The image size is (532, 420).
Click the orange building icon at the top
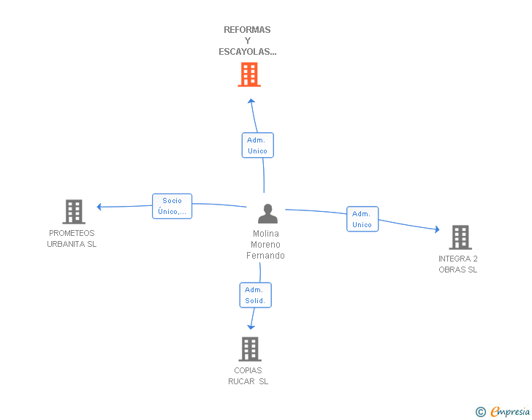click(x=249, y=75)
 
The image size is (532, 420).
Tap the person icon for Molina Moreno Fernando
click(x=268, y=214)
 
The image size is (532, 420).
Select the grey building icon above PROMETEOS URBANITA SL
click(x=74, y=212)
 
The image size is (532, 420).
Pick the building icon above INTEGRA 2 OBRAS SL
click(x=460, y=237)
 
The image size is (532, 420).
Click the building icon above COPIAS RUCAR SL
click(x=250, y=349)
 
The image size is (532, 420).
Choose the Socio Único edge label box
click(x=172, y=206)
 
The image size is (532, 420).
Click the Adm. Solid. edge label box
click(x=255, y=295)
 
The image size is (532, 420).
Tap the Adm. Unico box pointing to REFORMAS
click(x=257, y=145)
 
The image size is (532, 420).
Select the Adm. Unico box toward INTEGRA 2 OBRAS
click(x=362, y=219)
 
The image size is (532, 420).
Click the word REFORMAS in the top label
click(x=247, y=30)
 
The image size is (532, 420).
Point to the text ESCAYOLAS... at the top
click(x=248, y=52)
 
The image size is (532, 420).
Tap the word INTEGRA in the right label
click(x=453, y=259)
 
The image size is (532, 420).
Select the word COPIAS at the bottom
click(x=248, y=370)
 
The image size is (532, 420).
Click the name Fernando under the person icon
click(x=265, y=256)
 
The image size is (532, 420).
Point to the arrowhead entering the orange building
click(x=251, y=101)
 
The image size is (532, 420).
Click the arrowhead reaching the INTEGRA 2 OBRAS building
click(x=436, y=229)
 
